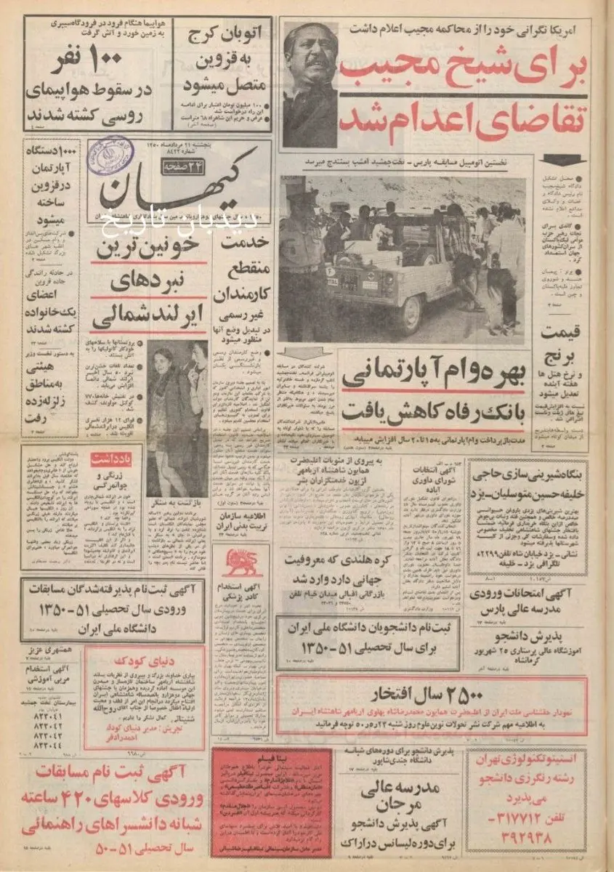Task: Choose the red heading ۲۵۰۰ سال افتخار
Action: point(431,691)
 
